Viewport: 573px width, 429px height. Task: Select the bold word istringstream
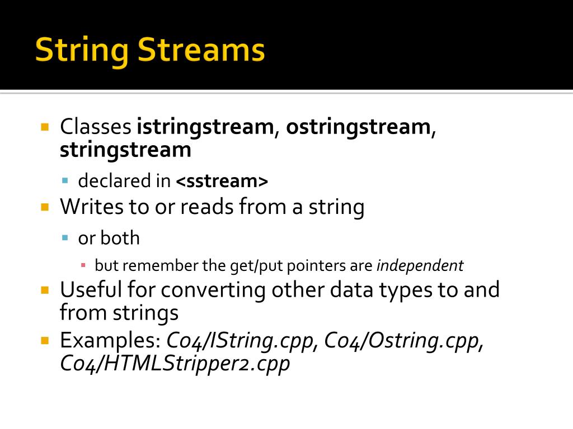tap(204, 127)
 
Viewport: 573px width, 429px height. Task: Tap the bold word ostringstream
tap(358, 127)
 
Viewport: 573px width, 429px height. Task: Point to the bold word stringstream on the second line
tap(125, 150)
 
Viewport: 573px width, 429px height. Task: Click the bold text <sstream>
tap(222, 181)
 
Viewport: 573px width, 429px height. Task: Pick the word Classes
tap(95, 127)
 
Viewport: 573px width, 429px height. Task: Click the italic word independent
tap(420, 265)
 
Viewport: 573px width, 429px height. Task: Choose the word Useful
tap(90, 290)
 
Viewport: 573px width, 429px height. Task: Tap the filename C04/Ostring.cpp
tap(402, 340)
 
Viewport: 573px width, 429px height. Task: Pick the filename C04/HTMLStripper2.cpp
tap(175, 364)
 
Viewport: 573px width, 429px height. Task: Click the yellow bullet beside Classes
tap(45, 126)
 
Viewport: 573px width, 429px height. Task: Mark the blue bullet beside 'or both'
tap(65, 237)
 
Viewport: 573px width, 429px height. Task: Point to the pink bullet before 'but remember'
tap(83, 265)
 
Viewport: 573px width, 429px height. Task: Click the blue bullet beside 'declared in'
tap(65, 180)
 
